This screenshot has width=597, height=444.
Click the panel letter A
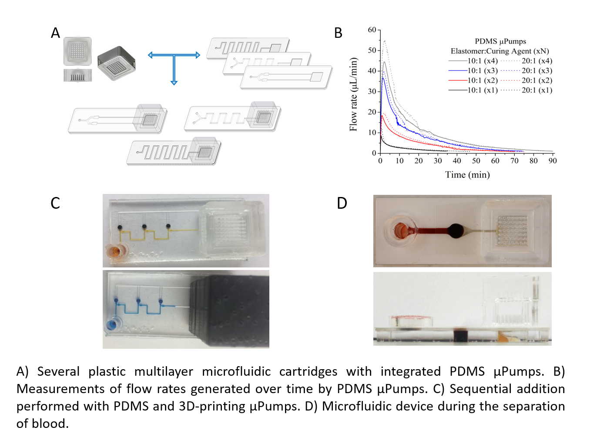55,33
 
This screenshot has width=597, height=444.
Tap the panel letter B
338,33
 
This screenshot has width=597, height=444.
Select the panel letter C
55,203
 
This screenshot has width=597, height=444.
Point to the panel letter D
342,203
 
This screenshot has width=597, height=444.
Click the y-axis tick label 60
372,30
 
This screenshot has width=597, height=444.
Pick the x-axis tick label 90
552,161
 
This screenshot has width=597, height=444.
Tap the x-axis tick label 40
456,161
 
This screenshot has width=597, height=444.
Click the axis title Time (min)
467,175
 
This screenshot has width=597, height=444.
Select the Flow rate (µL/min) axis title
353,94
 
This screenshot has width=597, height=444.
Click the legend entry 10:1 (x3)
482,70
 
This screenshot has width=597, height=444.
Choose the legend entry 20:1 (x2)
537,80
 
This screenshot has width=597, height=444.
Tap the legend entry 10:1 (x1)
482,90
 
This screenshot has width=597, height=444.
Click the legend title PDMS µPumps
500,41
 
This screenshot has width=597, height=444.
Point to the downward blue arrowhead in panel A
174,82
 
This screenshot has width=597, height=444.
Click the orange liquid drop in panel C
116,251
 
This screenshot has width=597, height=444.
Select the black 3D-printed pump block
231,310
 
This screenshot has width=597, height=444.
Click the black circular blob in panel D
455,230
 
